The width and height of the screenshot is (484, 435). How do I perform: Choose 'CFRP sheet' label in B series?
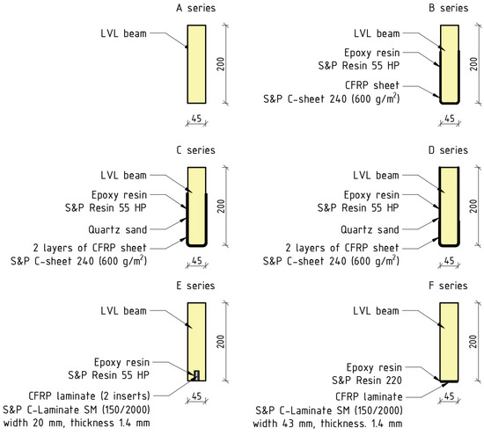tap(379, 85)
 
